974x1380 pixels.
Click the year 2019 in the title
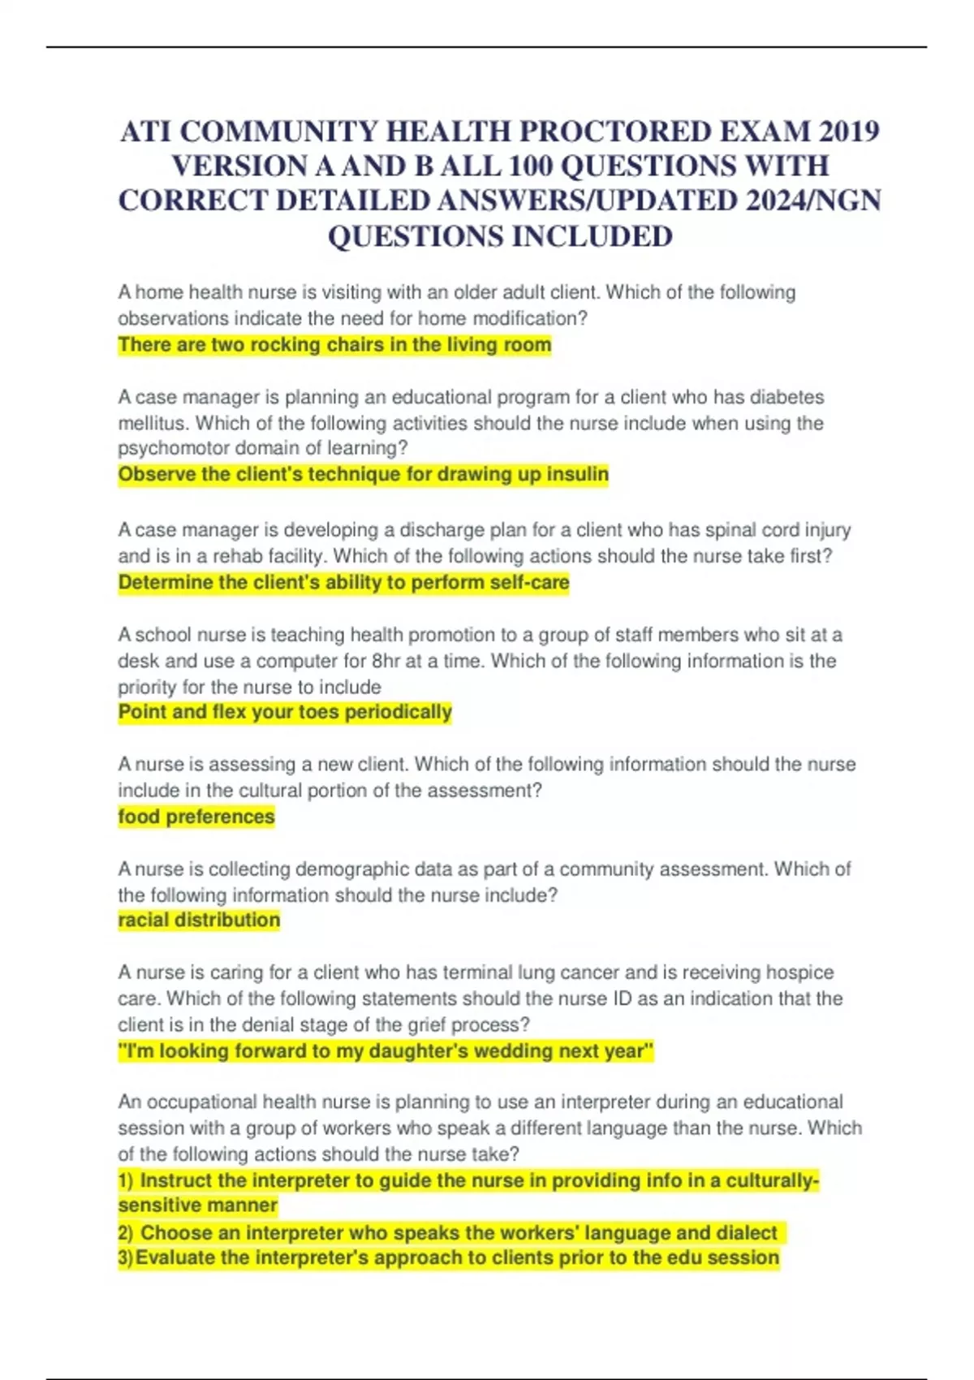pos(849,131)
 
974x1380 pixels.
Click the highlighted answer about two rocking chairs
pos(334,345)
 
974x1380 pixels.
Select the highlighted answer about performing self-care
pos(343,583)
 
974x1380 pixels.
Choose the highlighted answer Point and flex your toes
pos(285,713)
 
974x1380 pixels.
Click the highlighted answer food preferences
pos(196,817)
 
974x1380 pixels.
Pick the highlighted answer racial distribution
pos(199,921)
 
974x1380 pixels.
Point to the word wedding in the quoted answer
pos(510,1051)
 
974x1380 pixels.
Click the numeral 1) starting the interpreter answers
pos(126,1180)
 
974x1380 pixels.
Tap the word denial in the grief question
pos(274,1024)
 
